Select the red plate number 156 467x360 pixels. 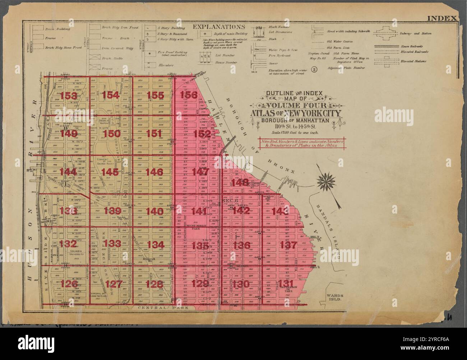click(x=189, y=95)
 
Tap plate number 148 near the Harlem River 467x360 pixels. click(x=240, y=183)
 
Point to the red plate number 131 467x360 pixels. click(x=288, y=284)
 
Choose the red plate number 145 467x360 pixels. click(x=110, y=172)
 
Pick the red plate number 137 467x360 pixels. click(x=288, y=246)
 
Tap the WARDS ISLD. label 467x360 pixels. click(x=333, y=296)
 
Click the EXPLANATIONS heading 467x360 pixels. click(x=219, y=27)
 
